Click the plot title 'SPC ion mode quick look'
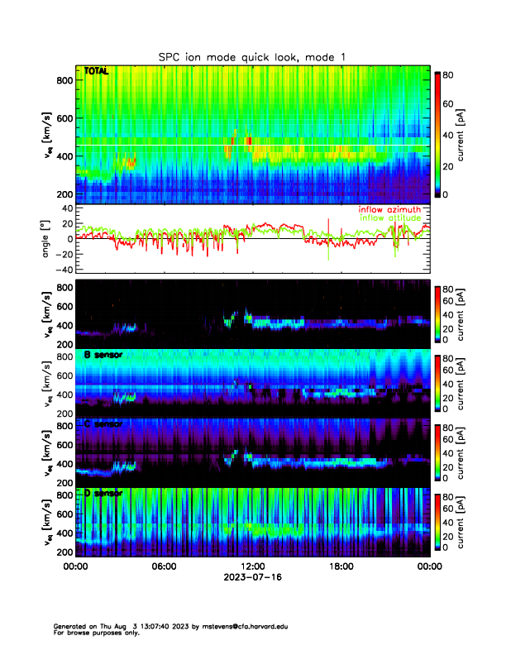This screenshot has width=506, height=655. pyautogui.click(x=252, y=56)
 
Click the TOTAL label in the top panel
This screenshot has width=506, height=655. pyautogui.click(x=97, y=72)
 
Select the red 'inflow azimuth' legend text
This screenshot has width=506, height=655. pyautogui.click(x=389, y=210)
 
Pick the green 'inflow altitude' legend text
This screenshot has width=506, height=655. pyautogui.click(x=389, y=218)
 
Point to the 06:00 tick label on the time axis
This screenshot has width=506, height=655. pyautogui.click(x=164, y=567)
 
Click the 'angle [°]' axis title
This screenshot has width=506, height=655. pyautogui.click(x=45, y=237)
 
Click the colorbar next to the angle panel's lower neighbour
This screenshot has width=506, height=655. pyautogui.click(x=437, y=313)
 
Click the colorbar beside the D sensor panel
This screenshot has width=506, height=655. pyautogui.click(x=437, y=520)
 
